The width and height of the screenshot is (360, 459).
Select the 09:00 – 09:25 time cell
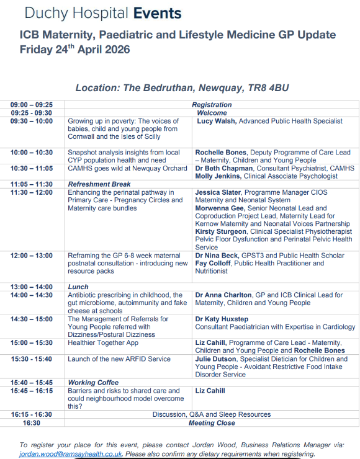point(32,105)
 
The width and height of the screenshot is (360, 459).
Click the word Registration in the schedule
point(212,105)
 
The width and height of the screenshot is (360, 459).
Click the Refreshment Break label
point(99,184)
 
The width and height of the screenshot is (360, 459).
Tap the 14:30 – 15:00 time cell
point(32,319)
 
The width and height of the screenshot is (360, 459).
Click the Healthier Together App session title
point(103,342)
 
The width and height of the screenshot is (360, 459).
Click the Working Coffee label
point(93,383)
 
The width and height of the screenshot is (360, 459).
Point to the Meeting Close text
point(212,423)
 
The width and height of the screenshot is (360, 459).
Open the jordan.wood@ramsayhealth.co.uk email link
point(71,454)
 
